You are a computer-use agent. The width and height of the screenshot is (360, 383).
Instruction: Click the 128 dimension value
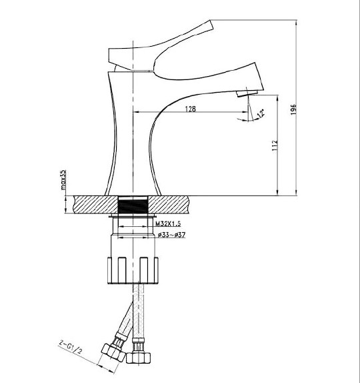coord(191,109)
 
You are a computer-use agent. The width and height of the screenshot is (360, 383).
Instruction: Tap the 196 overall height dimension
coord(293,109)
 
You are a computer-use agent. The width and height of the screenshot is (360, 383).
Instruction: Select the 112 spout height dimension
coord(275,145)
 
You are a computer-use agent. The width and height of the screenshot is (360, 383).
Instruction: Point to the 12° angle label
coord(261,113)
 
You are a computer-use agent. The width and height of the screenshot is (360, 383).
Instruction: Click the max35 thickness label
coord(63,179)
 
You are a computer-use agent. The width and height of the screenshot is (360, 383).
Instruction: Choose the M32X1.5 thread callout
coord(168,224)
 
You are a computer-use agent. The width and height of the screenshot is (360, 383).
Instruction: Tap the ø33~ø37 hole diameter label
coord(171,235)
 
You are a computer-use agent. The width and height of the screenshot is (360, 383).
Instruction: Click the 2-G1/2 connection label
coord(70,347)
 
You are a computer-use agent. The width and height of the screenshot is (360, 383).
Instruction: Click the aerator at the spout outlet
coord(247,93)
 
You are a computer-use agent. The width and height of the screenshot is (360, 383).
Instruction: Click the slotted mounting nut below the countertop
coord(133,270)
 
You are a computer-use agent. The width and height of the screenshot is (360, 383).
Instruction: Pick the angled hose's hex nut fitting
coord(113,352)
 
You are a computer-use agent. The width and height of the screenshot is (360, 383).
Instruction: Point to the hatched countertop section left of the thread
coord(95,204)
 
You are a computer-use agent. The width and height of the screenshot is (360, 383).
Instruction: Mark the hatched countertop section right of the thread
coord(169,204)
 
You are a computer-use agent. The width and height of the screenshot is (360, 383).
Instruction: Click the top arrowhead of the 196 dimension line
coord(296,23)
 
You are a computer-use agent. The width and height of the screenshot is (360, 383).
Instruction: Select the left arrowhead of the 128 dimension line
coord(136,112)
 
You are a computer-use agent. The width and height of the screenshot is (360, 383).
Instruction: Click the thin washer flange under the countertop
coord(133,216)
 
